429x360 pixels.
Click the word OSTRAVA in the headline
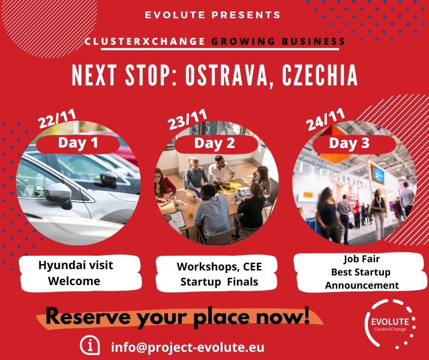point(226,75)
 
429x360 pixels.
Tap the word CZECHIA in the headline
point(320,75)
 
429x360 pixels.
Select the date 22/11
point(57,118)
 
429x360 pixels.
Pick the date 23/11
point(187,119)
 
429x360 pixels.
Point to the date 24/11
point(325,119)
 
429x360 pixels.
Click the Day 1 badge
point(78,143)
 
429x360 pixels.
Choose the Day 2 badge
point(216,143)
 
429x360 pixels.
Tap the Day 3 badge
point(354,143)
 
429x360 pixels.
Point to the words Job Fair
point(362,259)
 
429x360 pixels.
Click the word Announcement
point(362,286)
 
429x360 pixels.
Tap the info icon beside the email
point(90,345)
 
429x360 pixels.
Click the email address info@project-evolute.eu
point(188,347)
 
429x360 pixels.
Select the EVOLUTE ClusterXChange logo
point(390,324)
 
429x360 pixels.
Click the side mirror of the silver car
point(58,195)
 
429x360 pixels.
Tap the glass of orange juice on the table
point(190,212)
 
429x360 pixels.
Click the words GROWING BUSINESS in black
point(278,42)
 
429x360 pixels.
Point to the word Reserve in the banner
point(88,317)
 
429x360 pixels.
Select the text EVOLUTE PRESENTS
point(213,15)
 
